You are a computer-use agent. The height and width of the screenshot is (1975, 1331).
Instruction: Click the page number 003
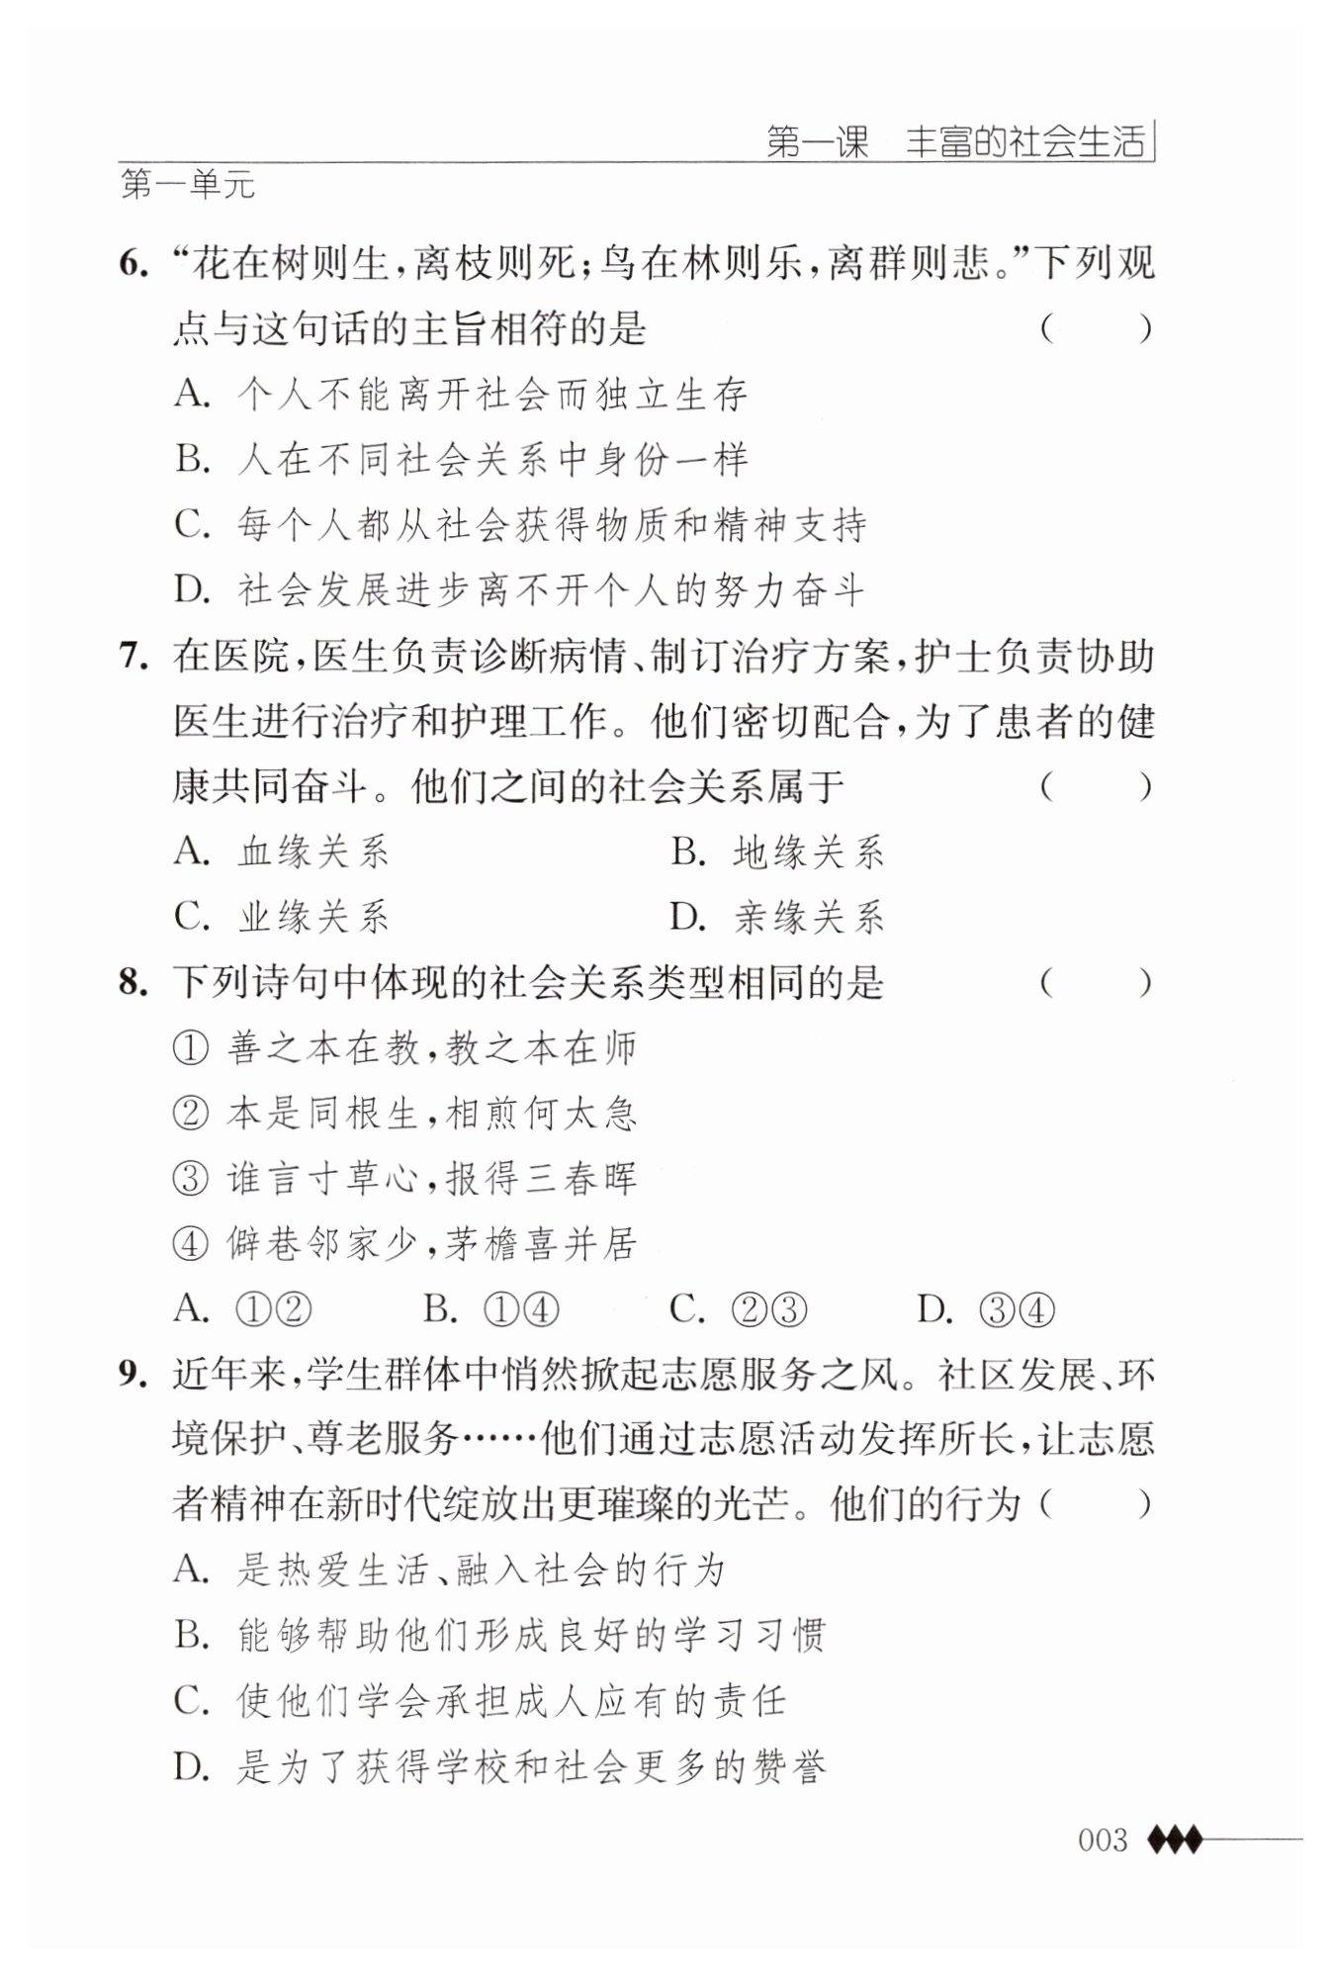pos(1102,1840)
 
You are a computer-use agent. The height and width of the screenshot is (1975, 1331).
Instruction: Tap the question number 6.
pos(133,265)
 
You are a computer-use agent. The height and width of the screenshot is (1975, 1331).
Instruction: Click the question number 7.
pos(133,657)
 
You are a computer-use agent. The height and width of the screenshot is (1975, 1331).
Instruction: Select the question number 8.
pos(133,983)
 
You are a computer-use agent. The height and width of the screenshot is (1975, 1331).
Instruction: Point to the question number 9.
pos(133,1375)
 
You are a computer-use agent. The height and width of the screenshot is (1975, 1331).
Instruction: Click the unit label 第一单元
pos(188,185)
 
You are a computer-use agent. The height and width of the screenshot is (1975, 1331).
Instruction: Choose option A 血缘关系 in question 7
pos(281,852)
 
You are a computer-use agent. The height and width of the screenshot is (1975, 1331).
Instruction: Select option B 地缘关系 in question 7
pos(777,852)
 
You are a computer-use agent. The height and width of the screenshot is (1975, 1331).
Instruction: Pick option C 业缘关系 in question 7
pos(281,917)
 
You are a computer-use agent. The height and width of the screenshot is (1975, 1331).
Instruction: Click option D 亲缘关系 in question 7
pos(777,917)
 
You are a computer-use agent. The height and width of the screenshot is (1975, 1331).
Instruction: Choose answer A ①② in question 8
pos(242,1309)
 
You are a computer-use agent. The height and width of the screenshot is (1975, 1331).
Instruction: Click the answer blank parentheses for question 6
pos(1096,328)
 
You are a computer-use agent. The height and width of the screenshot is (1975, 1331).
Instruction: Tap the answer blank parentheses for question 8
pos(1096,983)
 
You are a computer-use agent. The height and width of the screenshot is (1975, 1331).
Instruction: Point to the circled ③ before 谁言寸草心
pos(190,1180)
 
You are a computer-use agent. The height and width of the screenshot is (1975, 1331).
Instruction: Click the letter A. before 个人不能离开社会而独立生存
pos(192,395)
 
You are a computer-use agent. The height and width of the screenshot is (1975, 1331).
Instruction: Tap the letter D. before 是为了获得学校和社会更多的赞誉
pos(192,1767)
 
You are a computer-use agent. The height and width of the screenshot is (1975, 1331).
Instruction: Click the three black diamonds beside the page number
pos(1175,1840)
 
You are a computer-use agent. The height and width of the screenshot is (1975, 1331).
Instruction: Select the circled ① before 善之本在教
pos(190,1048)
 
